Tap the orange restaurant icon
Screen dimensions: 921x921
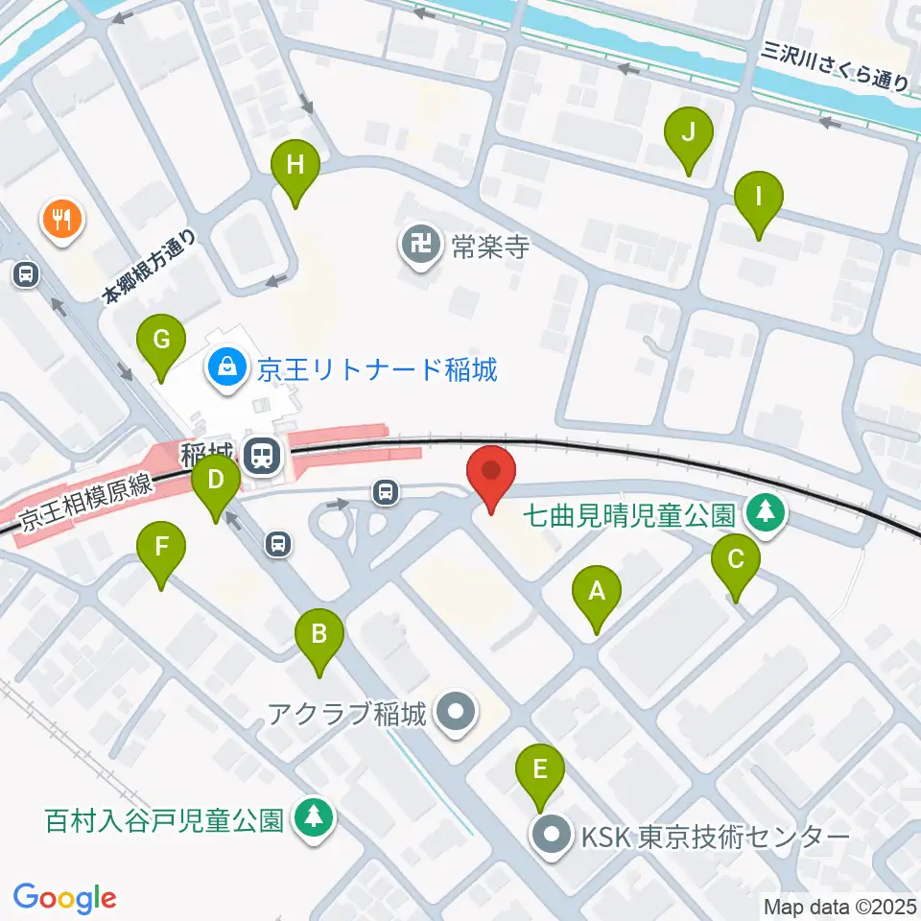coord(63,218)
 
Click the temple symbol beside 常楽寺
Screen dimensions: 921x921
coord(420,248)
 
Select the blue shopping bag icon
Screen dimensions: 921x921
coord(227,367)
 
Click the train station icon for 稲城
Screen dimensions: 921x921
coord(261,454)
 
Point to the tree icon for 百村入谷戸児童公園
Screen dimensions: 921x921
coord(312,820)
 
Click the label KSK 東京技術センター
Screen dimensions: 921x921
coord(716,837)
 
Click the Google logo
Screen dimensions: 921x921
coord(65,898)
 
